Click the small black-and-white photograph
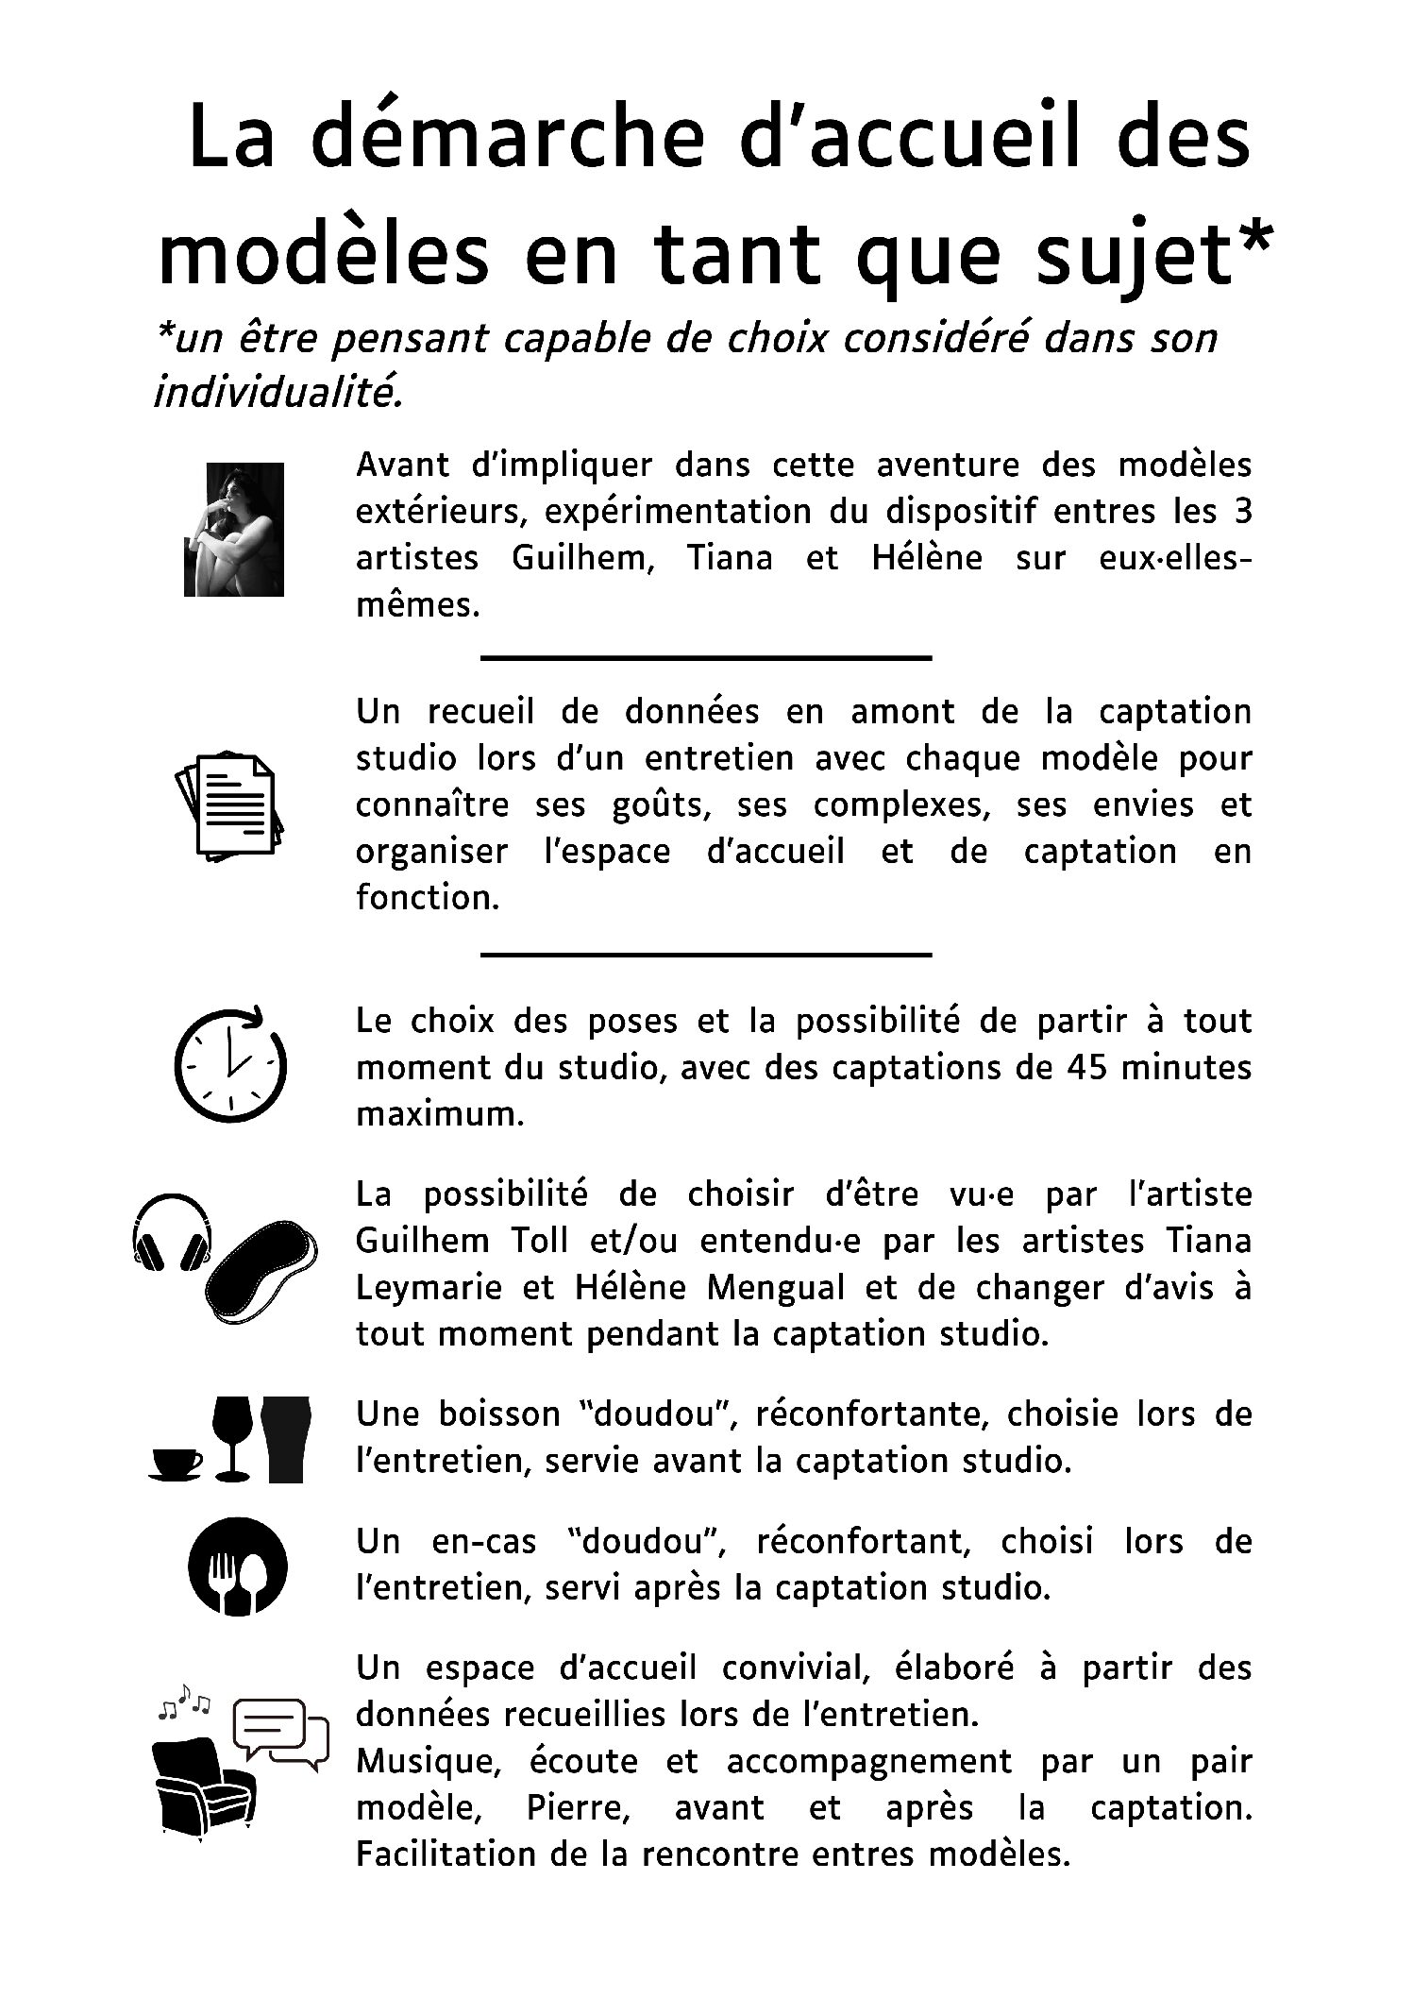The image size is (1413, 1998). coord(233,529)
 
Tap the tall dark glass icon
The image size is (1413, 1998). coord(284,1438)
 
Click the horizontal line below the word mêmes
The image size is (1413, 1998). coord(706,656)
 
